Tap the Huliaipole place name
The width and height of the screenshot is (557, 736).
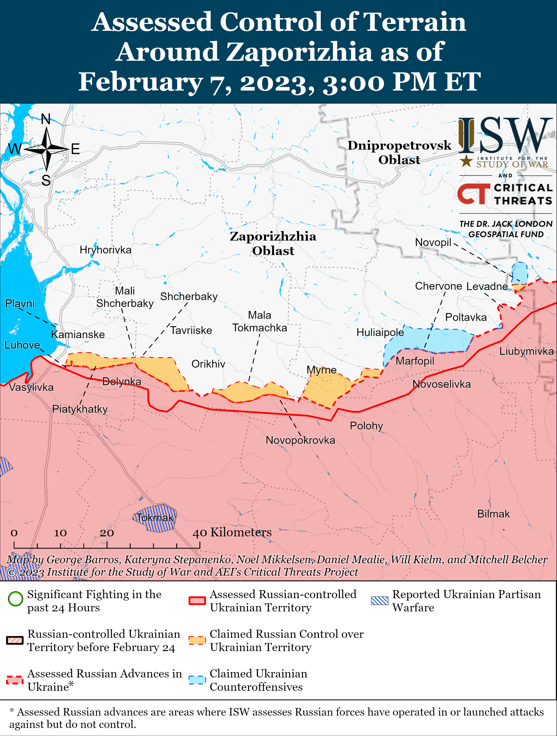pos(380,332)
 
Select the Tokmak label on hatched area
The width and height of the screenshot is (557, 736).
pos(155,518)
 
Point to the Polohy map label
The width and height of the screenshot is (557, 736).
pos(366,426)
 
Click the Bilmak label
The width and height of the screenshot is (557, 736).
pos(493,514)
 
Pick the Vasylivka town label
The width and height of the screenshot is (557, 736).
pos(31,387)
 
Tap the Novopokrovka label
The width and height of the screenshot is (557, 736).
pos(300,440)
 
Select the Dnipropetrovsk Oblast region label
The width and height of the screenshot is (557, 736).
pos(399,152)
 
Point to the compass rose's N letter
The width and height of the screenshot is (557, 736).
pos(46,119)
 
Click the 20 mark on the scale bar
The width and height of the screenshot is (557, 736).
pos(107,533)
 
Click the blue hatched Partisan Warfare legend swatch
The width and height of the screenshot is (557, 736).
pos(380,601)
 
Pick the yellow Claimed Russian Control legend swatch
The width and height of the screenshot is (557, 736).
pos(197,640)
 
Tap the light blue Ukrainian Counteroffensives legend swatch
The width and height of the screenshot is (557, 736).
pos(197,680)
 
